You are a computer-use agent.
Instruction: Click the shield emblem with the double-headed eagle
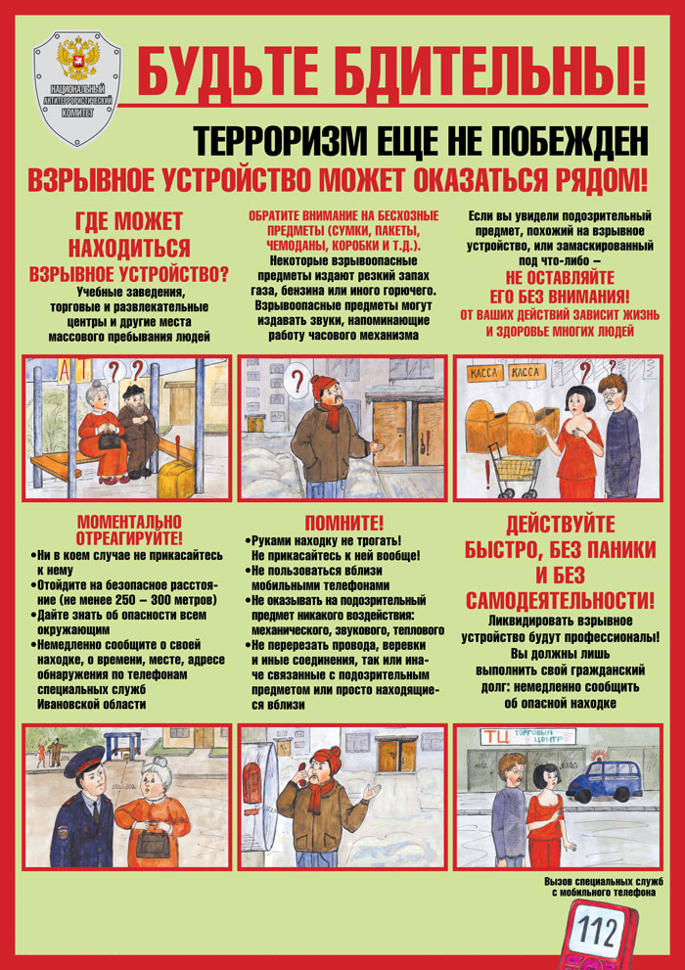(x=76, y=89)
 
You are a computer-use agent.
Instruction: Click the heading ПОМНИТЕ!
(x=344, y=524)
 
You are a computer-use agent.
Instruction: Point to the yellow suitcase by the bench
(x=176, y=479)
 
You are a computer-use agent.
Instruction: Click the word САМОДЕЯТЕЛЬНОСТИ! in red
(x=560, y=601)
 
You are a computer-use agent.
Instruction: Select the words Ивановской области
(x=92, y=704)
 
